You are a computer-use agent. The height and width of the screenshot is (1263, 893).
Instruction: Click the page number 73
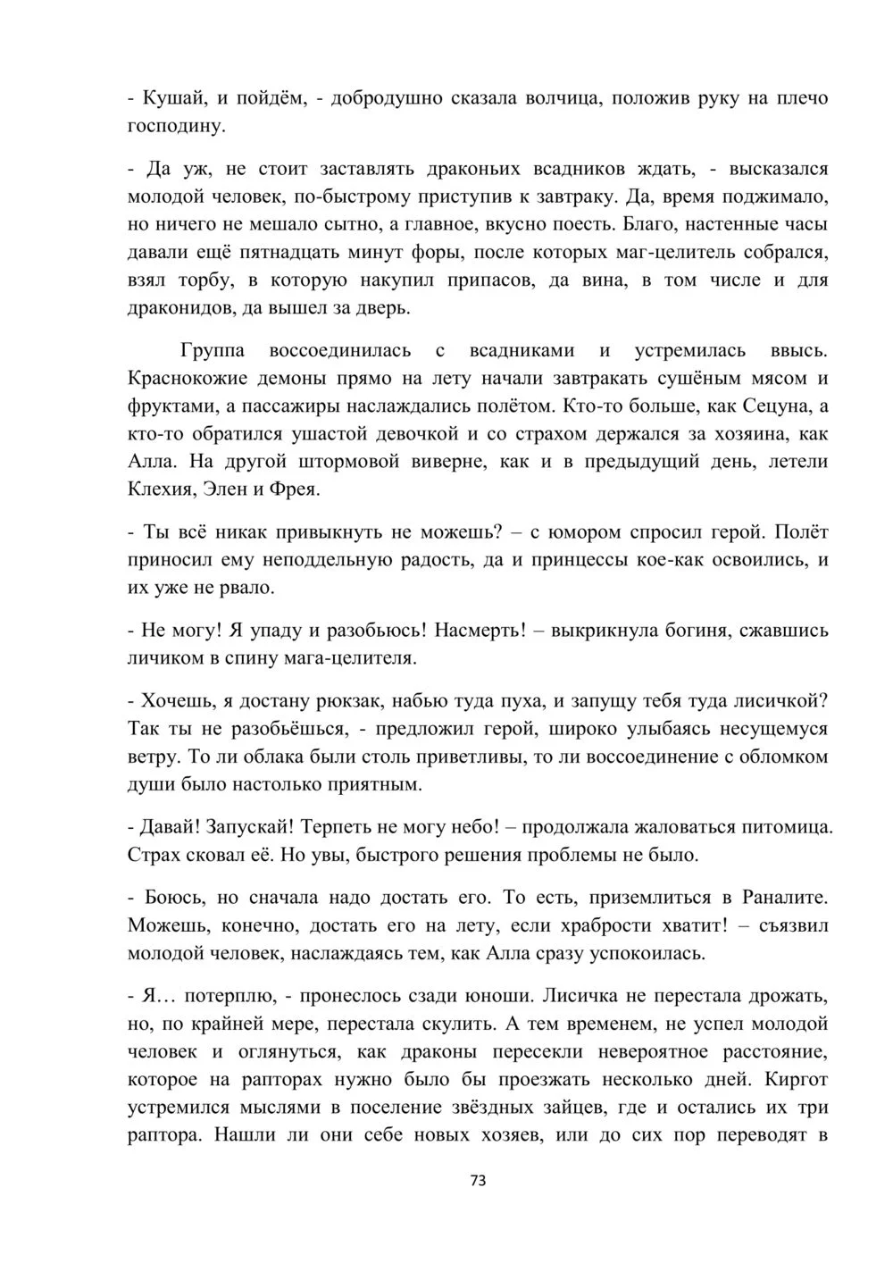pos(477,1180)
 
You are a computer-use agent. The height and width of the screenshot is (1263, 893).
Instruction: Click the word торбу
pos(206,280)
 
